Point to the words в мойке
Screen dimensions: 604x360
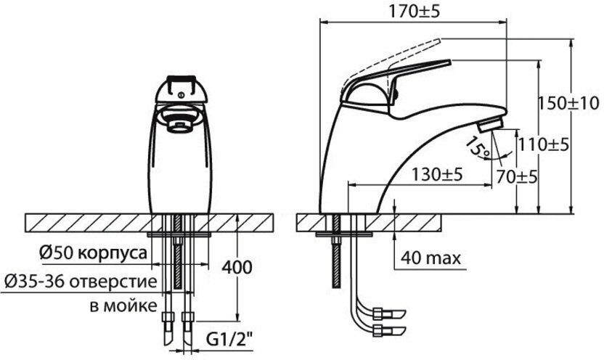click(x=121, y=306)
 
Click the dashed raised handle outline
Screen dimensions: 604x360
click(x=414, y=49)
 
